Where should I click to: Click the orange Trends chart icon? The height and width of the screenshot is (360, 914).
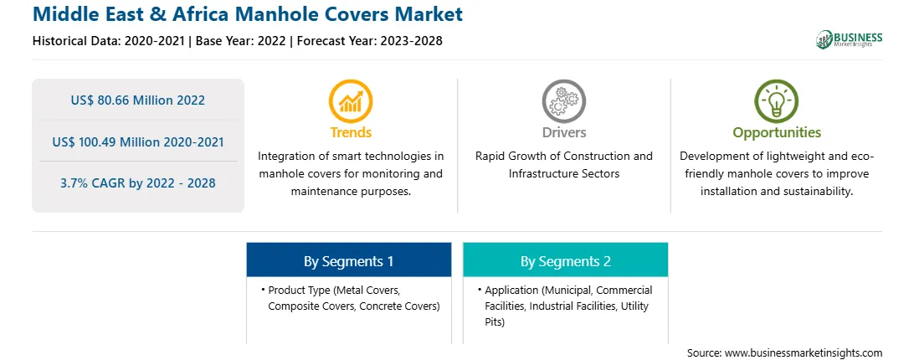tap(351, 101)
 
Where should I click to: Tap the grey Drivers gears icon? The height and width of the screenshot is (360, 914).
tap(563, 101)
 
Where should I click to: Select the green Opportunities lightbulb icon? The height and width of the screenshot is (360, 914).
tap(777, 101)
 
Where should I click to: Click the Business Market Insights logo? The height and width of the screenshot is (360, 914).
tap(850, 39)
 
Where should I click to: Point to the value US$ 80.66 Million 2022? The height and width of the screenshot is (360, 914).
tap(138, 100)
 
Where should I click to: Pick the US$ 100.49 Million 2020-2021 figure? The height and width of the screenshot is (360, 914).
tap(138, 141)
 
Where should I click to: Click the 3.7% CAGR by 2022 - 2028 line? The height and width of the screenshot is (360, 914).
tap(138, 183)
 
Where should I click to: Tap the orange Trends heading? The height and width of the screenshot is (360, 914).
tap(351, 132)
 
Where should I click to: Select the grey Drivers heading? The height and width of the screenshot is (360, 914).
tap(563, 132)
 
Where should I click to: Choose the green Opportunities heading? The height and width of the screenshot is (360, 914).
tap(777, 133)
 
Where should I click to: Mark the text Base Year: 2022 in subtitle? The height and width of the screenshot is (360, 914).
tap(241, 41)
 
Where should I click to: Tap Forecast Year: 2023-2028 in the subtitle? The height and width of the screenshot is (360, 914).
tap(367, 41)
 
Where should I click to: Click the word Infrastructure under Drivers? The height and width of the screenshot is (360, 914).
tap(546, 174)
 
